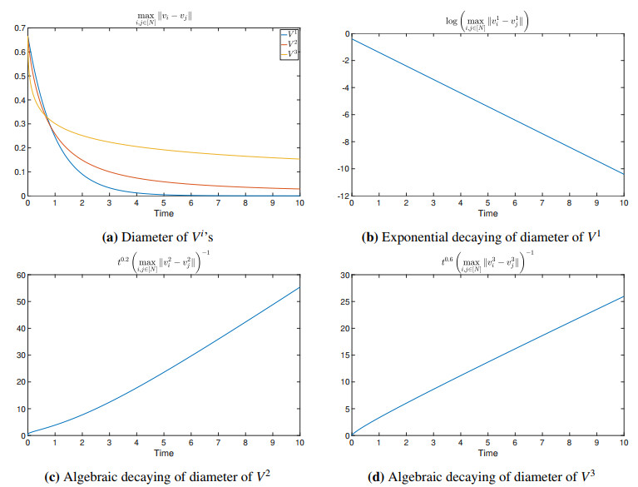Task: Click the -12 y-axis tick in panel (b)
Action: pos(339,196)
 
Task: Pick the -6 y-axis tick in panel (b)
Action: pos(342,115)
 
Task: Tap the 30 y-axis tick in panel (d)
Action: pos(340,274)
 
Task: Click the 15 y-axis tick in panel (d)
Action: pos(340,355)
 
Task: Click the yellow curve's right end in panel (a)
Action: pos(299,159)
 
